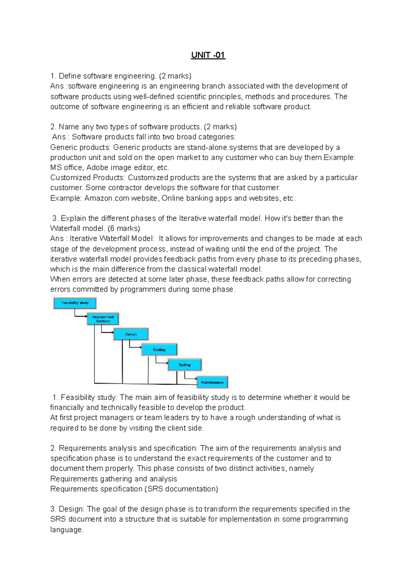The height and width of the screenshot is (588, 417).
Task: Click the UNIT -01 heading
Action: click(x=208, y=55)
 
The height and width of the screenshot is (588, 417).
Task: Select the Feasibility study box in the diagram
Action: click(x=75, y=303)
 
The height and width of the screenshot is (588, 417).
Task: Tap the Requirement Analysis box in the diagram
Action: click(x=103, y=319)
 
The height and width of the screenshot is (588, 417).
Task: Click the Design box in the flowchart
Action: click(x=131, y=334)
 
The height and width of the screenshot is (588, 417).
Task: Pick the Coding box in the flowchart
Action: click(x=159, y=350)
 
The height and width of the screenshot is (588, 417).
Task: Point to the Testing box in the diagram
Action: click(x=185, y=365)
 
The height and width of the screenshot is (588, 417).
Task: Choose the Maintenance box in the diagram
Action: click(x=212, y=382)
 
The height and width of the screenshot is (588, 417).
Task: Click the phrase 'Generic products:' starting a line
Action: click(x=80, y=148)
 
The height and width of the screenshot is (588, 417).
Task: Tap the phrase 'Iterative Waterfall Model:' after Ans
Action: click(x=112, y=238)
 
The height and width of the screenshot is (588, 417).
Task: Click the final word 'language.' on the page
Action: click(x=67, y=530)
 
